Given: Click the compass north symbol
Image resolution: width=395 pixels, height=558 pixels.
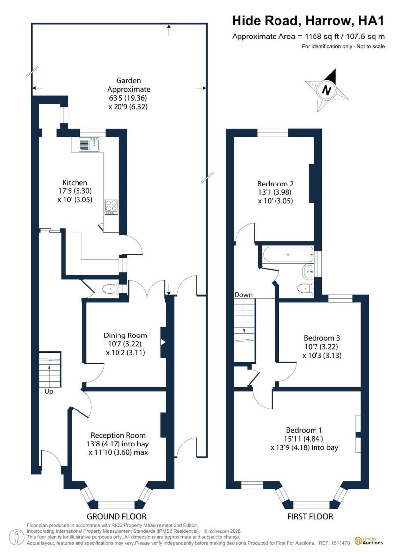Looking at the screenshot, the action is [326, 90].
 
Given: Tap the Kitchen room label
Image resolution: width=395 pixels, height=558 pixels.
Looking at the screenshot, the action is [75, 183].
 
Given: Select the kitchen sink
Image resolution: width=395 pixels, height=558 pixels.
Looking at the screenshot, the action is [90, 144].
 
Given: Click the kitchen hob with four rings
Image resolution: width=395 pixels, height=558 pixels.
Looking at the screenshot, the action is [111, 206].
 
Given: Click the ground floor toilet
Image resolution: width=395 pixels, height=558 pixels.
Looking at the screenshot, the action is [111, 289].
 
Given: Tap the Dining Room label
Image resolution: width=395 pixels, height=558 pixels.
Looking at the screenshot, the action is [125, 335].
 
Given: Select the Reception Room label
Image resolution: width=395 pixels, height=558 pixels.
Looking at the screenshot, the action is [118, 435].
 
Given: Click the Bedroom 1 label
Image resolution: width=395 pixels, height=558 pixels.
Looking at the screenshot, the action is [304, 430].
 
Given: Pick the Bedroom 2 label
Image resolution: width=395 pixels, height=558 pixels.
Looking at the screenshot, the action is [276, 184].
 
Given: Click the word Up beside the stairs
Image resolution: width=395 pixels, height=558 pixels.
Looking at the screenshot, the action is [49, 391].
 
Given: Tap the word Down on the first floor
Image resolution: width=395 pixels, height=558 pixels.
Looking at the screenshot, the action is [243, 295].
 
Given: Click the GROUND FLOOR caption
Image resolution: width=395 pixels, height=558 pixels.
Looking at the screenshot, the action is [117, 517].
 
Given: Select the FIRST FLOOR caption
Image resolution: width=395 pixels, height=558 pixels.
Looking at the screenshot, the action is [310, 517].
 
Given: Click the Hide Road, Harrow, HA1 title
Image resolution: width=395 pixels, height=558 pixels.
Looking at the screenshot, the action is [309, 21].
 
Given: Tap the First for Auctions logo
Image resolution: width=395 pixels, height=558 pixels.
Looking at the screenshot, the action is [369, 541].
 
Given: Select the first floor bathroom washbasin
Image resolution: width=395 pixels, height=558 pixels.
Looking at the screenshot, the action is [308, 272].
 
